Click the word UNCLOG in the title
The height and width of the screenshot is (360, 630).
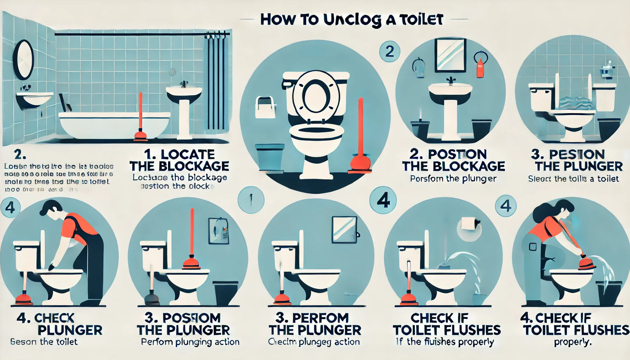[352, 20]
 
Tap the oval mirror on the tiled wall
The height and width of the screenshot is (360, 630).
[23, 59]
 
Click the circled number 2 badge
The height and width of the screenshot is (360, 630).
[389, 52]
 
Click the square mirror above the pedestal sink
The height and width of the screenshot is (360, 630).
[450, 55]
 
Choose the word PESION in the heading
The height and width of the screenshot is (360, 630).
[577, 154]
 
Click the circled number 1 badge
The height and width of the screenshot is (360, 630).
[251, 200]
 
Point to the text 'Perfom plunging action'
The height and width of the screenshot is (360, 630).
[190, 342]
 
